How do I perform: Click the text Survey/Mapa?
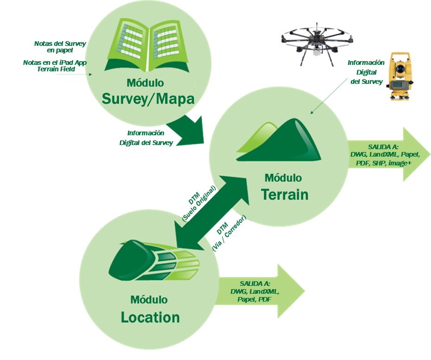[x=147, y=98]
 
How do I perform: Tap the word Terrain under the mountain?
[x=284, y=194]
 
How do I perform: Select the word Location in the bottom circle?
[x=150, y=317]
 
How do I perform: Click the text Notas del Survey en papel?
[x=60, y=47]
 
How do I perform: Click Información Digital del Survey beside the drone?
[x=366, y=72]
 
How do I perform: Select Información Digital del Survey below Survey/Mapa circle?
[x=146, y=138]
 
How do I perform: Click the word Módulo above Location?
[x=149, y=299]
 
